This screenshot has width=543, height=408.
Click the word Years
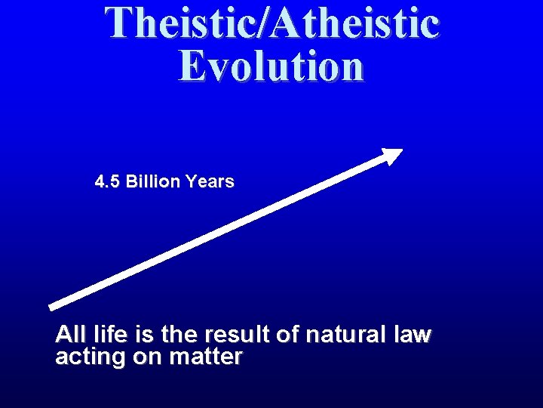[210, 182]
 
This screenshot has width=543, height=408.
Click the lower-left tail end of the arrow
[52, 305]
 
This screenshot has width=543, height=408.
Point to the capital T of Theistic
[118, 23]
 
